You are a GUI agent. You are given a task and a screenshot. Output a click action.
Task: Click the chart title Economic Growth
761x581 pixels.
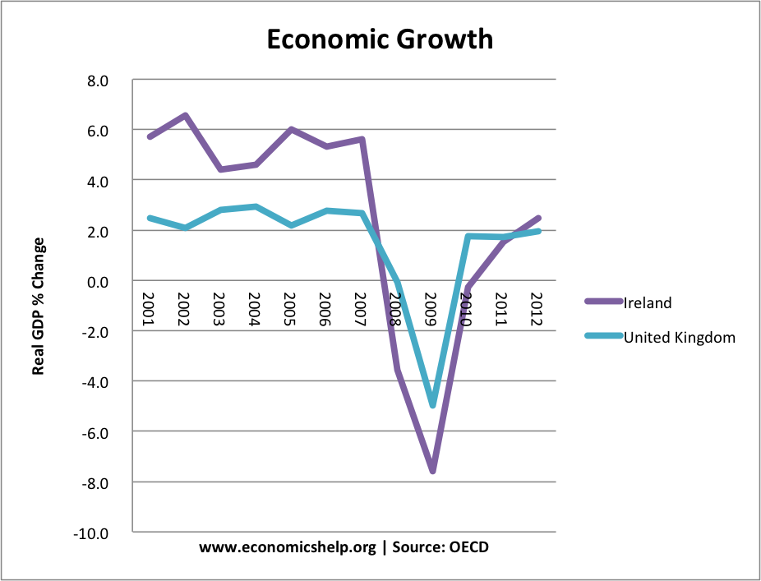tap(380, 39)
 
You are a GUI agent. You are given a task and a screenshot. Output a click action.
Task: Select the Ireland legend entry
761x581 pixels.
tap(648, 302)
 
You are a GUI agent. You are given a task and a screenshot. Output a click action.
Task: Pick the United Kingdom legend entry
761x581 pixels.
tap(679, 337)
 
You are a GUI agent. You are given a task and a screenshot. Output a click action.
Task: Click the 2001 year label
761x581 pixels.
tap(149, 309)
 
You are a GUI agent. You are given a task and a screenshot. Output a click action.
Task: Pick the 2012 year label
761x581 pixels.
tap(537, 309)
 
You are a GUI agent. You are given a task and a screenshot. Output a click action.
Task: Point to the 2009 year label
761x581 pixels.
tap(431, 309)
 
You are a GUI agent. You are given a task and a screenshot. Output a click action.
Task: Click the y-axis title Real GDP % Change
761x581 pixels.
tap(38, 307)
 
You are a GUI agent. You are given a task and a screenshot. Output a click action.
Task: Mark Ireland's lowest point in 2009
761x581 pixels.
tap(432, 471)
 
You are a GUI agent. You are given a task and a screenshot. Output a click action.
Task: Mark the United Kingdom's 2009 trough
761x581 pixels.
tap(432, 404)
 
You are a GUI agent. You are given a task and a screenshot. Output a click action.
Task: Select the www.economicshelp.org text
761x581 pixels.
tap(287, 547)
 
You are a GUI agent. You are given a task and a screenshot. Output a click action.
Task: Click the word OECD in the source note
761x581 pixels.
tap(468, 547)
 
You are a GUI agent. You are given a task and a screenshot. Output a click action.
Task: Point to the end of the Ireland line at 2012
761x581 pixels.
tap(537, 218)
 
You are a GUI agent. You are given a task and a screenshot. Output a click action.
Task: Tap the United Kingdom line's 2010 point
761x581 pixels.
tap(468, 237)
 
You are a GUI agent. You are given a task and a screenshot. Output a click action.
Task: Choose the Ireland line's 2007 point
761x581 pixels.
tap(362, 140)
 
